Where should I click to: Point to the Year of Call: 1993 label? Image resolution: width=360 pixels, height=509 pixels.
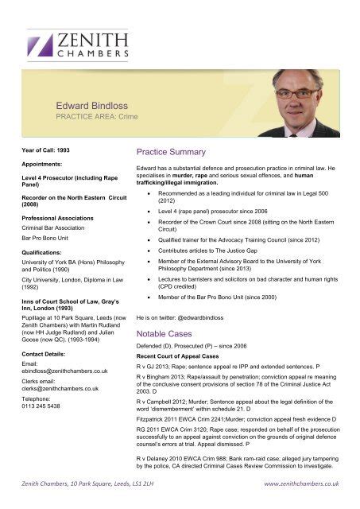pos(45,150)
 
